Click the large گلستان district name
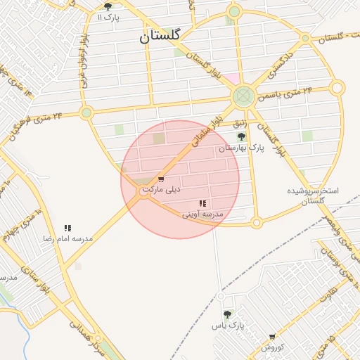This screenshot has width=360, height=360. [160, 36]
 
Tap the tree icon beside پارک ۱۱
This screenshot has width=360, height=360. [108, 6]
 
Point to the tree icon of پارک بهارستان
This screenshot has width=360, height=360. [241, 136]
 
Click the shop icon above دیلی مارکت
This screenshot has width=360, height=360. [161, 179]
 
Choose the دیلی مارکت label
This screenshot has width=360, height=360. [162, 190]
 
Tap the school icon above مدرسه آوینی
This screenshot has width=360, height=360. [202, 203]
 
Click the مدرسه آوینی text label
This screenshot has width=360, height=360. [202, 213]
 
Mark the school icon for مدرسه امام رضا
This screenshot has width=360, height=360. [67, 228]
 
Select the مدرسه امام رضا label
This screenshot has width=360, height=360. [67, 238]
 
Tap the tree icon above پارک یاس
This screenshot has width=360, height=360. [226, 314]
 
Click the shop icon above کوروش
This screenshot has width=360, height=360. [272, 337]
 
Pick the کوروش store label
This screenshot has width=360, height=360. [272, 347]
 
